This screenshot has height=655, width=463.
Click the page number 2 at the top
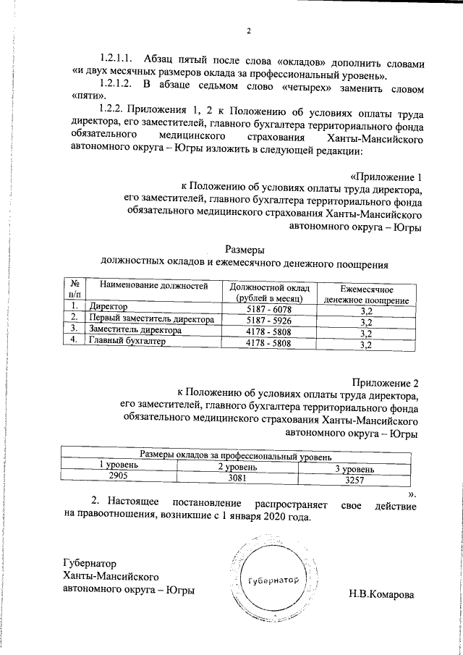(248, 32)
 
